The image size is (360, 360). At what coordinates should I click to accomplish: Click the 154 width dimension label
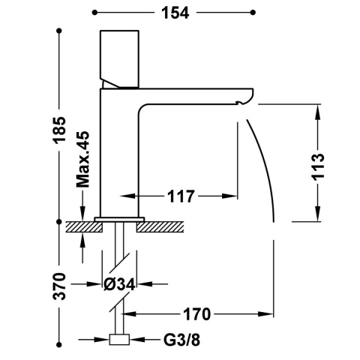[175, 13]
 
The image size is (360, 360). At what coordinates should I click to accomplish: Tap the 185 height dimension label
[60, 130]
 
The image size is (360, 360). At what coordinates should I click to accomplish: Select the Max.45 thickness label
[82, 159]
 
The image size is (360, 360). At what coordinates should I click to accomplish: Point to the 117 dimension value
[181, 196]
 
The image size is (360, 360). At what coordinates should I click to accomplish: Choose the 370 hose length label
[59, 286]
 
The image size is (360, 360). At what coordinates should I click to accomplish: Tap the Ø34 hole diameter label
[119, 284]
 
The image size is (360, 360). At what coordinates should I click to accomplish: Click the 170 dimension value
[197, 314]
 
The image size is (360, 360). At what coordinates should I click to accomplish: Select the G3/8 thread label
[181, 340]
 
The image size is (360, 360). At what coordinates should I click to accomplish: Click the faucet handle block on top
[119, 59]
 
